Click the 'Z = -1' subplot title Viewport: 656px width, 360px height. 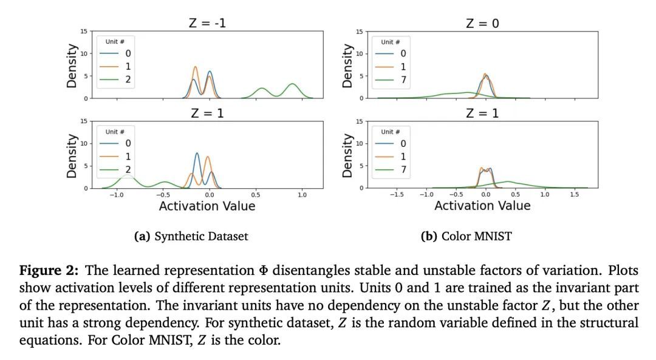point(207,24)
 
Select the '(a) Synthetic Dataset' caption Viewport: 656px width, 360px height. point(191,237)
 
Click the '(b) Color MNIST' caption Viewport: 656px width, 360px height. point(466,237)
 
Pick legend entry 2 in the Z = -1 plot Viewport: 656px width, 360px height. point(128,79)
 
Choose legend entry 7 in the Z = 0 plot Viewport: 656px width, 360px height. point(403,79)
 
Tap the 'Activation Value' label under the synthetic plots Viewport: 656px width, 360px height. point(207,206)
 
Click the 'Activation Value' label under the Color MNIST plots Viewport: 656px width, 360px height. point(482,206)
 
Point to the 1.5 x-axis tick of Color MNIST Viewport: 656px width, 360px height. point(574,194)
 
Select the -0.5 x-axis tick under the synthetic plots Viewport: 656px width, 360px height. point(162,194)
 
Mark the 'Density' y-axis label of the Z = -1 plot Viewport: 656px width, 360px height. point(72,66)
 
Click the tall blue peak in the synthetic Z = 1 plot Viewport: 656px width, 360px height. point(197,154)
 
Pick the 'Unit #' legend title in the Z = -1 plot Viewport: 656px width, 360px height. point(115,42)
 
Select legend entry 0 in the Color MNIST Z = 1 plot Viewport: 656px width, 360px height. point(403,143)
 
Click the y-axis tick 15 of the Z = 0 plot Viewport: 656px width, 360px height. point(360,31)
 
